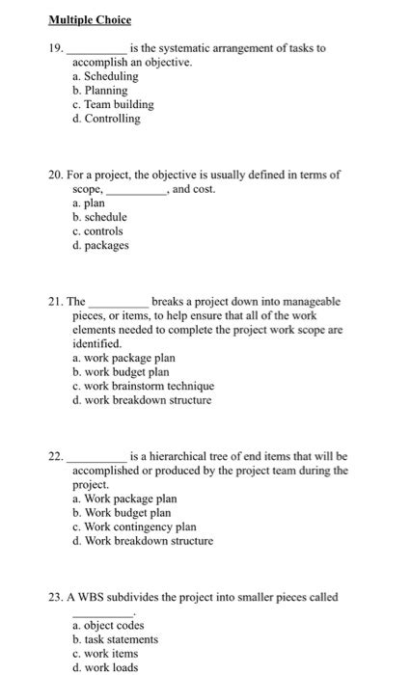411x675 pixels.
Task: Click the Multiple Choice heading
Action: point(92,19)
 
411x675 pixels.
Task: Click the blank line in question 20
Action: point(136,191)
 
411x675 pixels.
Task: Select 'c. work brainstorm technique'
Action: point(136,386)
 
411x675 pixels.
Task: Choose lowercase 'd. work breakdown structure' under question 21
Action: point(141,400)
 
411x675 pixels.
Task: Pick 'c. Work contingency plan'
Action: point(134,526)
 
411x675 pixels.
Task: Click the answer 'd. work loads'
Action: point(105,667)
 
